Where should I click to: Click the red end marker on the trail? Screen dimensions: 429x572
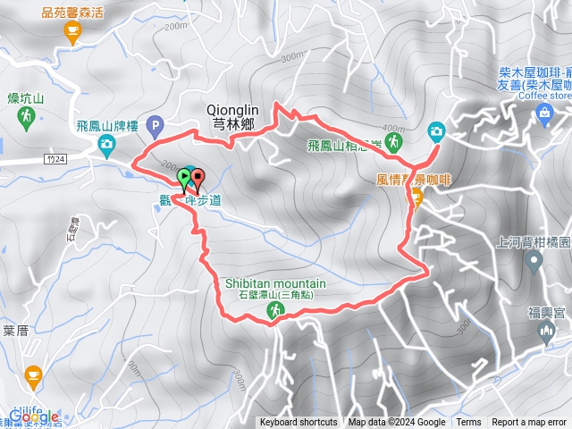coord(198,177)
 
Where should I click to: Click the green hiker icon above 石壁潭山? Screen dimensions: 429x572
coord(274,310)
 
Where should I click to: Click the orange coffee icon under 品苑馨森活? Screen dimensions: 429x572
coord(71,32)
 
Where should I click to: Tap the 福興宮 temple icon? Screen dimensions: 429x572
coord(547,332)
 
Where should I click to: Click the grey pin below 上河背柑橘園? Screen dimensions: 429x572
coord(534,262)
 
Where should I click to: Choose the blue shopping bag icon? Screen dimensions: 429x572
coord(545,112)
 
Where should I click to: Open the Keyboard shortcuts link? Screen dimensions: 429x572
coord(299,423)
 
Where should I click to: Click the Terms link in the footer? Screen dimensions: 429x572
coord(468,423)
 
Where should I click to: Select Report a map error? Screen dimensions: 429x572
coord(529,423)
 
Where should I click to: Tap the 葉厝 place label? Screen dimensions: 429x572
coord(16,330)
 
